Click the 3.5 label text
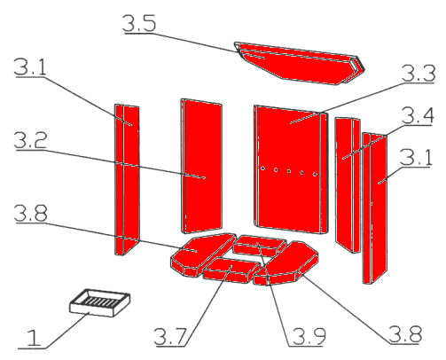tap(139, 23)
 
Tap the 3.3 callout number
tap(419, 73)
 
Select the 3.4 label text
tap(418, 115)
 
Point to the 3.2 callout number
tap(30, 140)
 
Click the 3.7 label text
tap(170, 336)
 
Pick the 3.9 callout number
tap(309, 336)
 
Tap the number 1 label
tap(34, 338)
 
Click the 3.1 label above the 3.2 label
tap(30, 67)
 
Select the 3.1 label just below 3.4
tap(416, 157)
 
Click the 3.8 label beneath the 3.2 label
tap(31, 213)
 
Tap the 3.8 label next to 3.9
tap(405, 334)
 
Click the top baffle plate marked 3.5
tap(300, 63)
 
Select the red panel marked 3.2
tap(201, 167)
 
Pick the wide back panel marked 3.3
tap(291, 169)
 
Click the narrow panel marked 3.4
tap(348, 184)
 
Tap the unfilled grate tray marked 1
tap(100, 302)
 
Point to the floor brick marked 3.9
tap(260, 246)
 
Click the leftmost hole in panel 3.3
tap(262, 168)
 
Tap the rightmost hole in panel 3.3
tap(315, 174)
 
